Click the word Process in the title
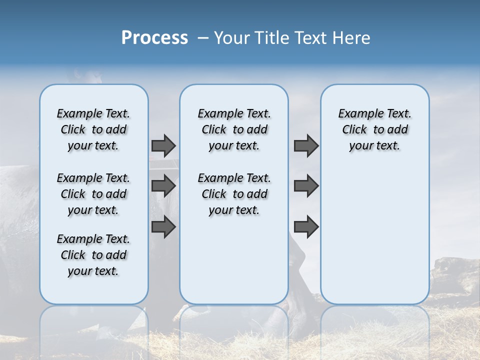[154, 37]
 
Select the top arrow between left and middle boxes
[163, 145]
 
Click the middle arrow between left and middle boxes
[163, 186]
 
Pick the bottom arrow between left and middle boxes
[163, 227]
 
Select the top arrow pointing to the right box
[306, 145]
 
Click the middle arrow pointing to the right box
[306, 186]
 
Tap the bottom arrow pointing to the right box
[306, 227]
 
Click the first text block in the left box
[93, 129]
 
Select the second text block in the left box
[93, 194]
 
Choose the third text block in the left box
[93, 255]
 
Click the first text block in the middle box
[234, 129]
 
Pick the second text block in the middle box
[234, 194]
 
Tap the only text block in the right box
[374, 129]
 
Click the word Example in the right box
[357, 114]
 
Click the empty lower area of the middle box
[234, 260]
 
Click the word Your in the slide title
[231, 38]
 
